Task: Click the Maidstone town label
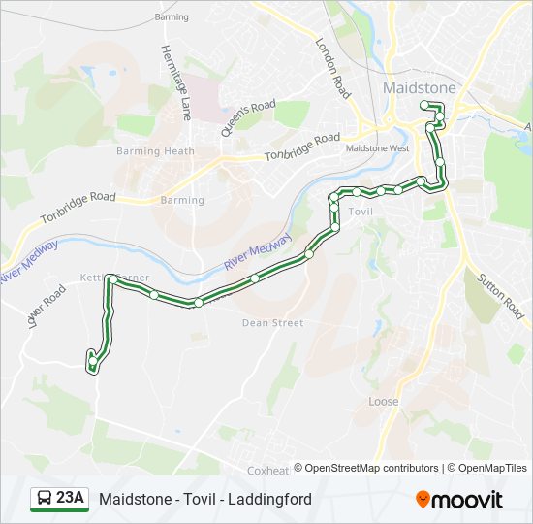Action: pos(419,87)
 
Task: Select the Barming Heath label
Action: pos(155,151)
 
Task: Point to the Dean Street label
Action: pos(272,323)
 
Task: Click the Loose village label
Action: pos(383,401)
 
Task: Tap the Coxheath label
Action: pos(268,470)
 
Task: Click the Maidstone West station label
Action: pos(377,148)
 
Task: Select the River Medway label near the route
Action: pos(257,253)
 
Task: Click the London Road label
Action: pos(331,68)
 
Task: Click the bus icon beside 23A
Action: pos(45,499)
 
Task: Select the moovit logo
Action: pos(459,500)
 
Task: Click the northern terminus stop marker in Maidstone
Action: pos(424,105)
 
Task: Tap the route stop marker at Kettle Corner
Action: pos(112,279)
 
